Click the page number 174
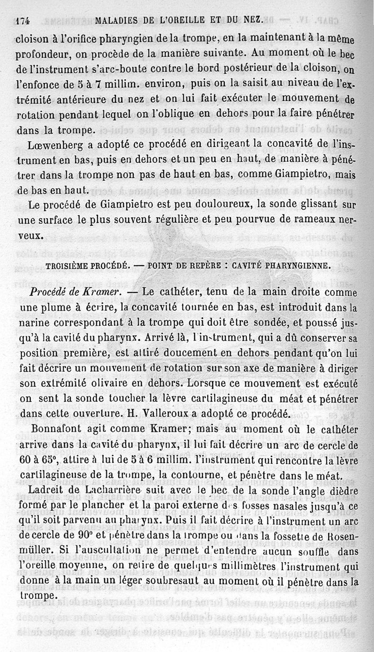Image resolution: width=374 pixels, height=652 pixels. coord(23,21)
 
